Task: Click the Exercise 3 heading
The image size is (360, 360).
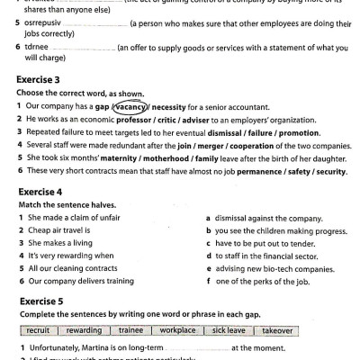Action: click(x=42, y=78)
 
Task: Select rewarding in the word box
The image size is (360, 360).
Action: click(x=85, y=330)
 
